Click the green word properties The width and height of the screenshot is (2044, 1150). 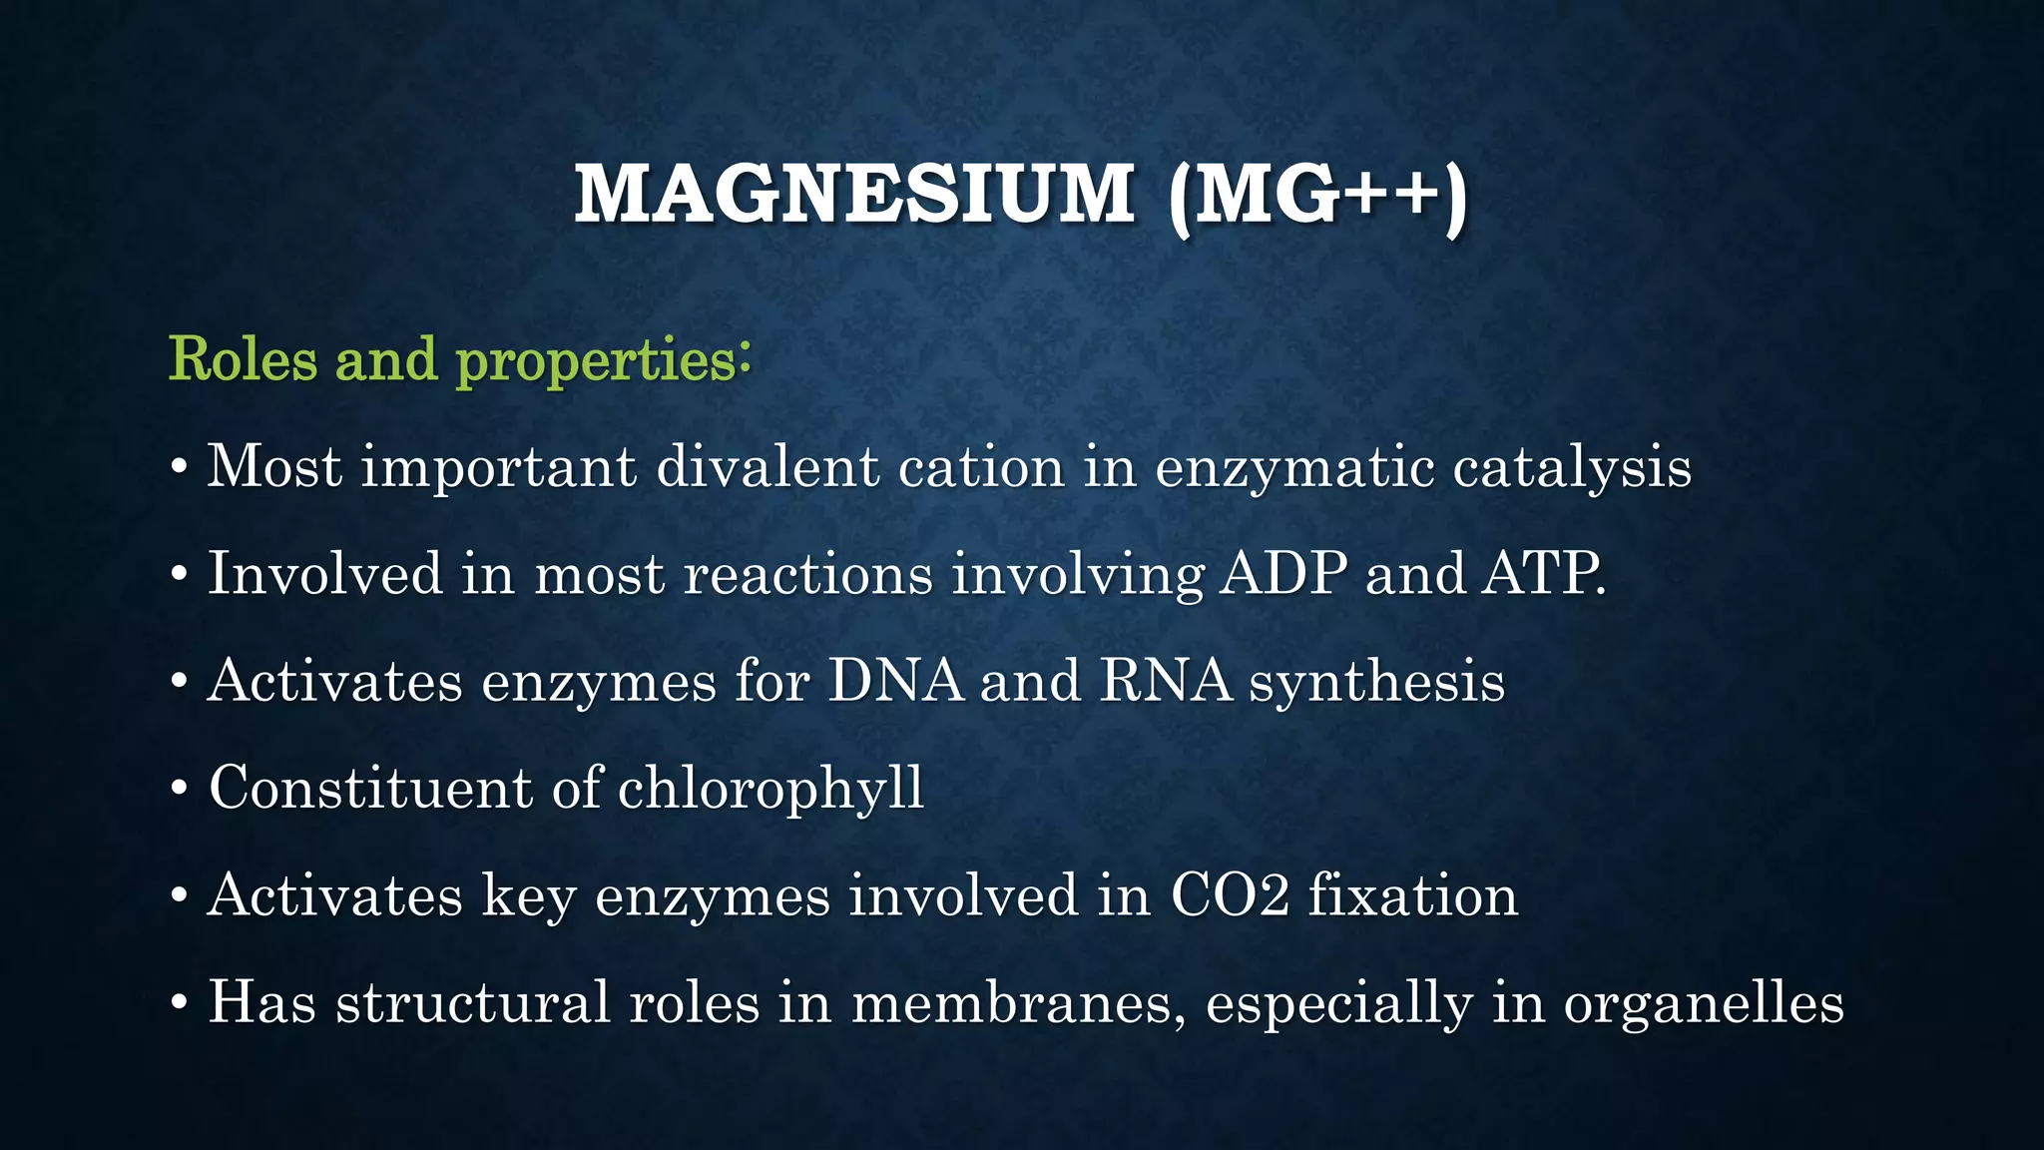[x=597, y=361]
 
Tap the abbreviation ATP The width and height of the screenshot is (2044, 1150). [x=1541, y=574]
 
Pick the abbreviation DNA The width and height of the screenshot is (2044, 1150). [x=895, y=681]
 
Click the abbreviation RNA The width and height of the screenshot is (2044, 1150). [x=1166, y=681]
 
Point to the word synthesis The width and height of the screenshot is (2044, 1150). [x=1376, y=682]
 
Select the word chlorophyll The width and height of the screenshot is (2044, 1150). [x=770, y=789]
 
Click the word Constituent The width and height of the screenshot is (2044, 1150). [x=370, y=788]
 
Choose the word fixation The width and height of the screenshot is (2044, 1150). [x=1412, y=894]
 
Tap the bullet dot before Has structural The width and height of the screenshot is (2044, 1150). [x=179, y=1002]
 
